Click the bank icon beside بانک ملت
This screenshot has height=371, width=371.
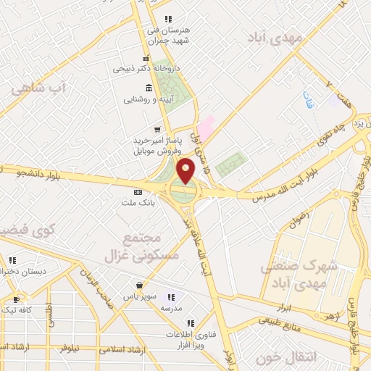pos(138,192)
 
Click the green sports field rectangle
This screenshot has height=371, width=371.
pos(231,164)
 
